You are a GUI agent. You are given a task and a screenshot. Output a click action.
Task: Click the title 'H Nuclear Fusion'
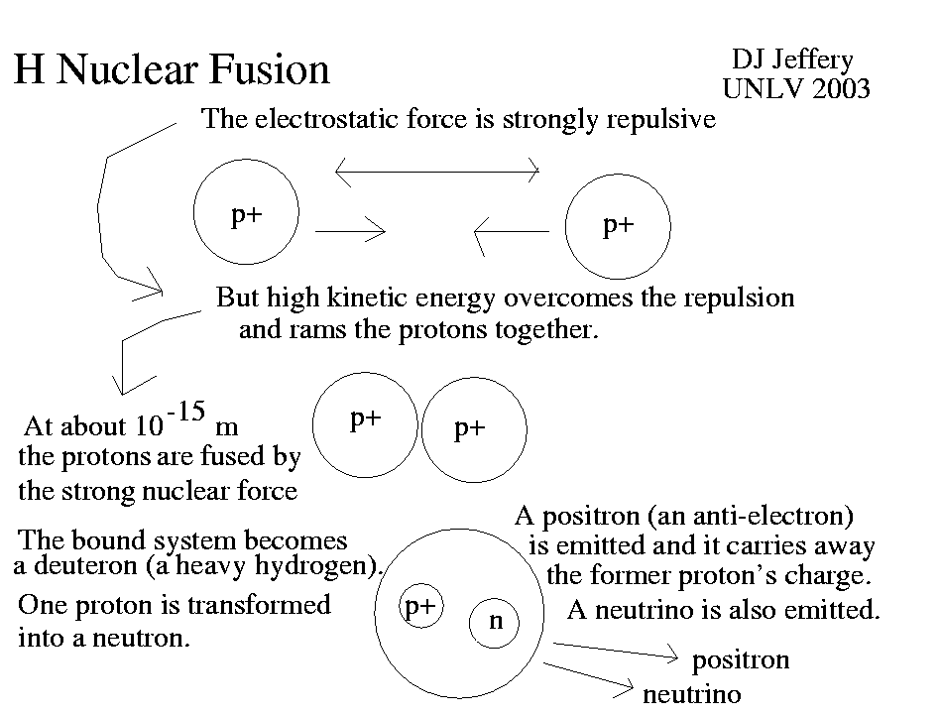point(172,70)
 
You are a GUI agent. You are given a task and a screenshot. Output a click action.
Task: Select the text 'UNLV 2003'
point(796,90)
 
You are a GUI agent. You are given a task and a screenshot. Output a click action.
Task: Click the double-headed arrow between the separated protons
point(437,171)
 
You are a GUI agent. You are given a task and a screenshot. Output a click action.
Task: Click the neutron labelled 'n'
point(497,621)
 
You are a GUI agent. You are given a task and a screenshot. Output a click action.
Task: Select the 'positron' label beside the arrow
point(740,660)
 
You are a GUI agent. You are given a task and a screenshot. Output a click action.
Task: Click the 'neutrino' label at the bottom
point(691,694)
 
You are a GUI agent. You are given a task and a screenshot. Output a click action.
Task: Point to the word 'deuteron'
point(81,568)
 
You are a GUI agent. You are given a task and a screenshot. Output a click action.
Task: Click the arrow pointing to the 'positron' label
point(615,651)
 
